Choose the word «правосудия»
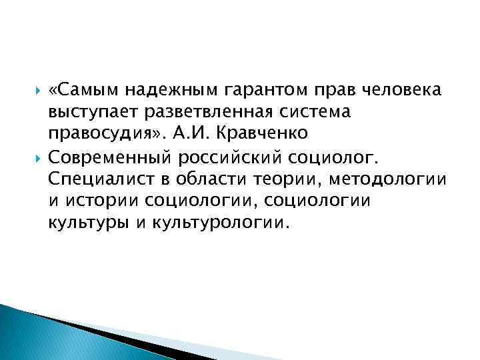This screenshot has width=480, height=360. (101, 134)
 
